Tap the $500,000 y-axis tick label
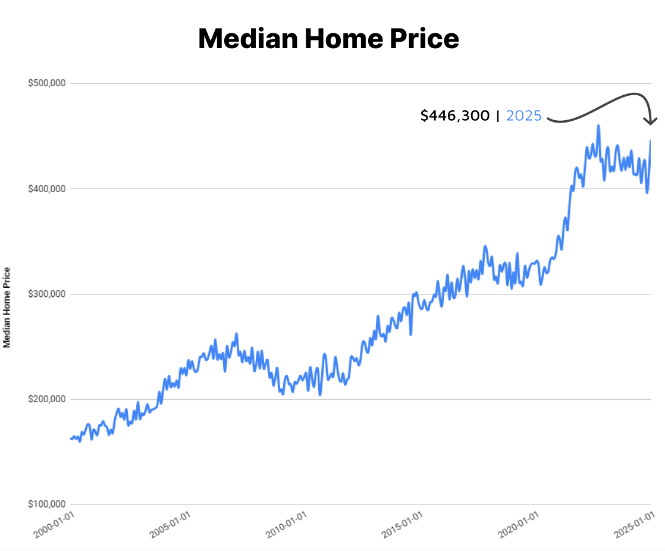click(x=46, y=83)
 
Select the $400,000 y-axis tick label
click(x=46, y=189)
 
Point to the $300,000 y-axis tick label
click(x=46, y=294)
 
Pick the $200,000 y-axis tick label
click(x=46, y=399)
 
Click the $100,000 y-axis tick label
click(x=46, y=505)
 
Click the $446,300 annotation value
click(x=455, y=115)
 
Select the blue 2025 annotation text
click(x=523, y=115)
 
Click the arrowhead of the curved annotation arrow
click(x=652, y=121)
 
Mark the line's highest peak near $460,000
click(x=598, y=126)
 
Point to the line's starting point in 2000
click(x=71, y=439)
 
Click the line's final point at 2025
click(x=651, y=141)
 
